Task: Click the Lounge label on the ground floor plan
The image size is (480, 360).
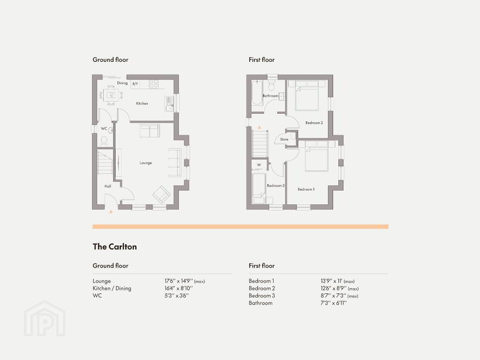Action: tap(146, 163)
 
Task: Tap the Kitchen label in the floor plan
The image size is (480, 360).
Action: tap(142, 104)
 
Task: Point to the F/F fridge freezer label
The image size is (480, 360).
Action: tap(135, 84)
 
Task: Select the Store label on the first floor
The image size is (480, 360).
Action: tap(284, 139)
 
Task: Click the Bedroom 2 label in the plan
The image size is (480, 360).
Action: tap(314, 123)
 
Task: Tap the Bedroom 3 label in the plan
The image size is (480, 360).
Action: tap(275, 185)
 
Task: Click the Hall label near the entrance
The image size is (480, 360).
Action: tap(108, 186)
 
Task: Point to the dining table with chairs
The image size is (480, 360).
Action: tap(111, 95)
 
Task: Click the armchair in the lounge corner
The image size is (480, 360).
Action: tap(161, 194)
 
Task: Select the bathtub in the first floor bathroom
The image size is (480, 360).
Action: tap(257, 93)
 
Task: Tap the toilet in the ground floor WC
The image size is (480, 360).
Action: tap(104, 141)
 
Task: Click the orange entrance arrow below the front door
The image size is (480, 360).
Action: tap(111, 211)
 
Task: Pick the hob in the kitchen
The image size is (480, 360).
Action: tap(154, 84)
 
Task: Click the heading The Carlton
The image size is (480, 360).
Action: tap(115, 247)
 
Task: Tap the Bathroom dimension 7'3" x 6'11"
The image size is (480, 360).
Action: tap(334, 303)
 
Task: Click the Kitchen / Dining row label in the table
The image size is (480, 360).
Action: tap(112, 288)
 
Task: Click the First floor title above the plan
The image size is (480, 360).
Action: tap(262, 60)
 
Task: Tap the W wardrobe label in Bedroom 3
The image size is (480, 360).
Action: tap(259, 165)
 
